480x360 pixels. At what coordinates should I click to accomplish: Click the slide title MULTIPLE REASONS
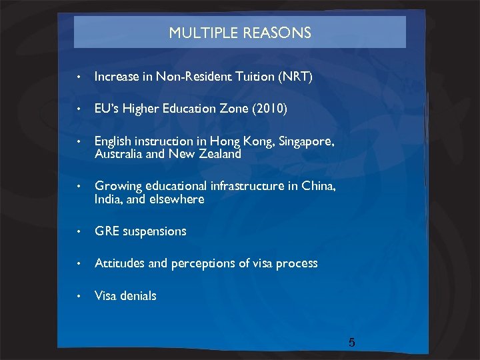click(x=240, y=33)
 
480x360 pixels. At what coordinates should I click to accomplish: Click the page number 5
click(x=352, y=343)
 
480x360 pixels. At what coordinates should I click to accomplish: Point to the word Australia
click(x=116, y=153)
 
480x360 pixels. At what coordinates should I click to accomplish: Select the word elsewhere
click(x=178, y=199)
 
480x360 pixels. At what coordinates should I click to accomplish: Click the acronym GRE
click(x=106, y=231)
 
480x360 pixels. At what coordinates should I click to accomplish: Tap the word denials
click(x=139, y=295)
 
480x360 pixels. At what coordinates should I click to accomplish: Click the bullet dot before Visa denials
click(x=79, y=296)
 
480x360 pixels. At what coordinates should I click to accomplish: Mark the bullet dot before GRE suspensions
click(x=79, y=232)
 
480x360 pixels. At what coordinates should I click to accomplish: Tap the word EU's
click(x=105, y=109)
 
